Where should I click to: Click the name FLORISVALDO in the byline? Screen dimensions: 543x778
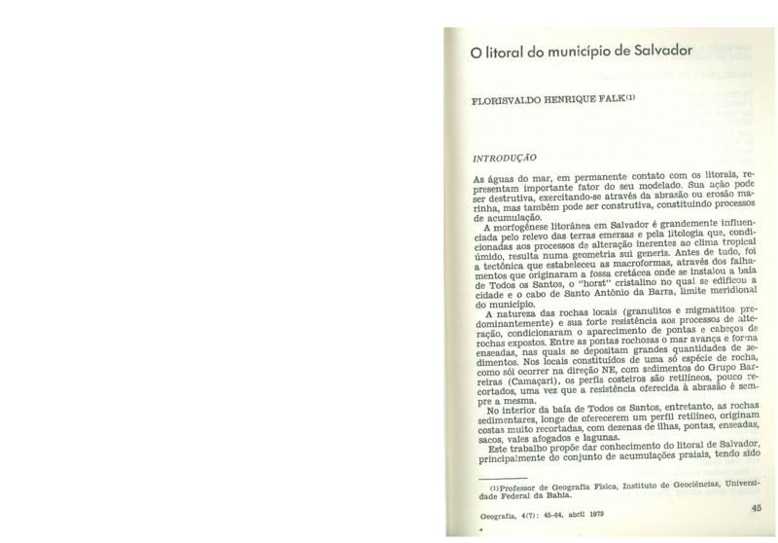[x=511, y=98]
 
